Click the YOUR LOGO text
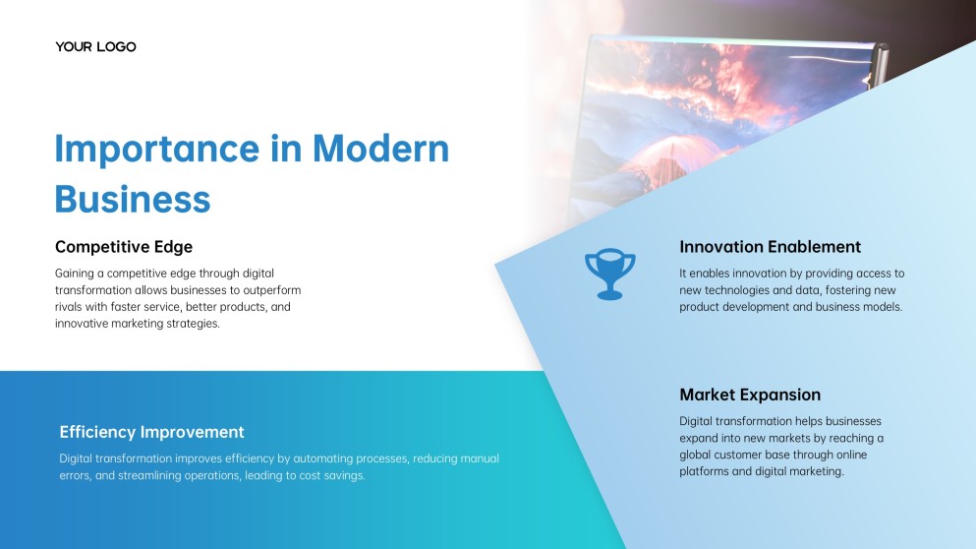95,47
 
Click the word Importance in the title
157,150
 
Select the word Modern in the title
380,149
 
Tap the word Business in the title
133,200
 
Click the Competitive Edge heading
124,247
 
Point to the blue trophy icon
610,274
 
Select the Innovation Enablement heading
770,247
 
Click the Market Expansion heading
750,395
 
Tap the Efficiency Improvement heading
152,432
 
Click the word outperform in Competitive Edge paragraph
272,290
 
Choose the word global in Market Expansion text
695,455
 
